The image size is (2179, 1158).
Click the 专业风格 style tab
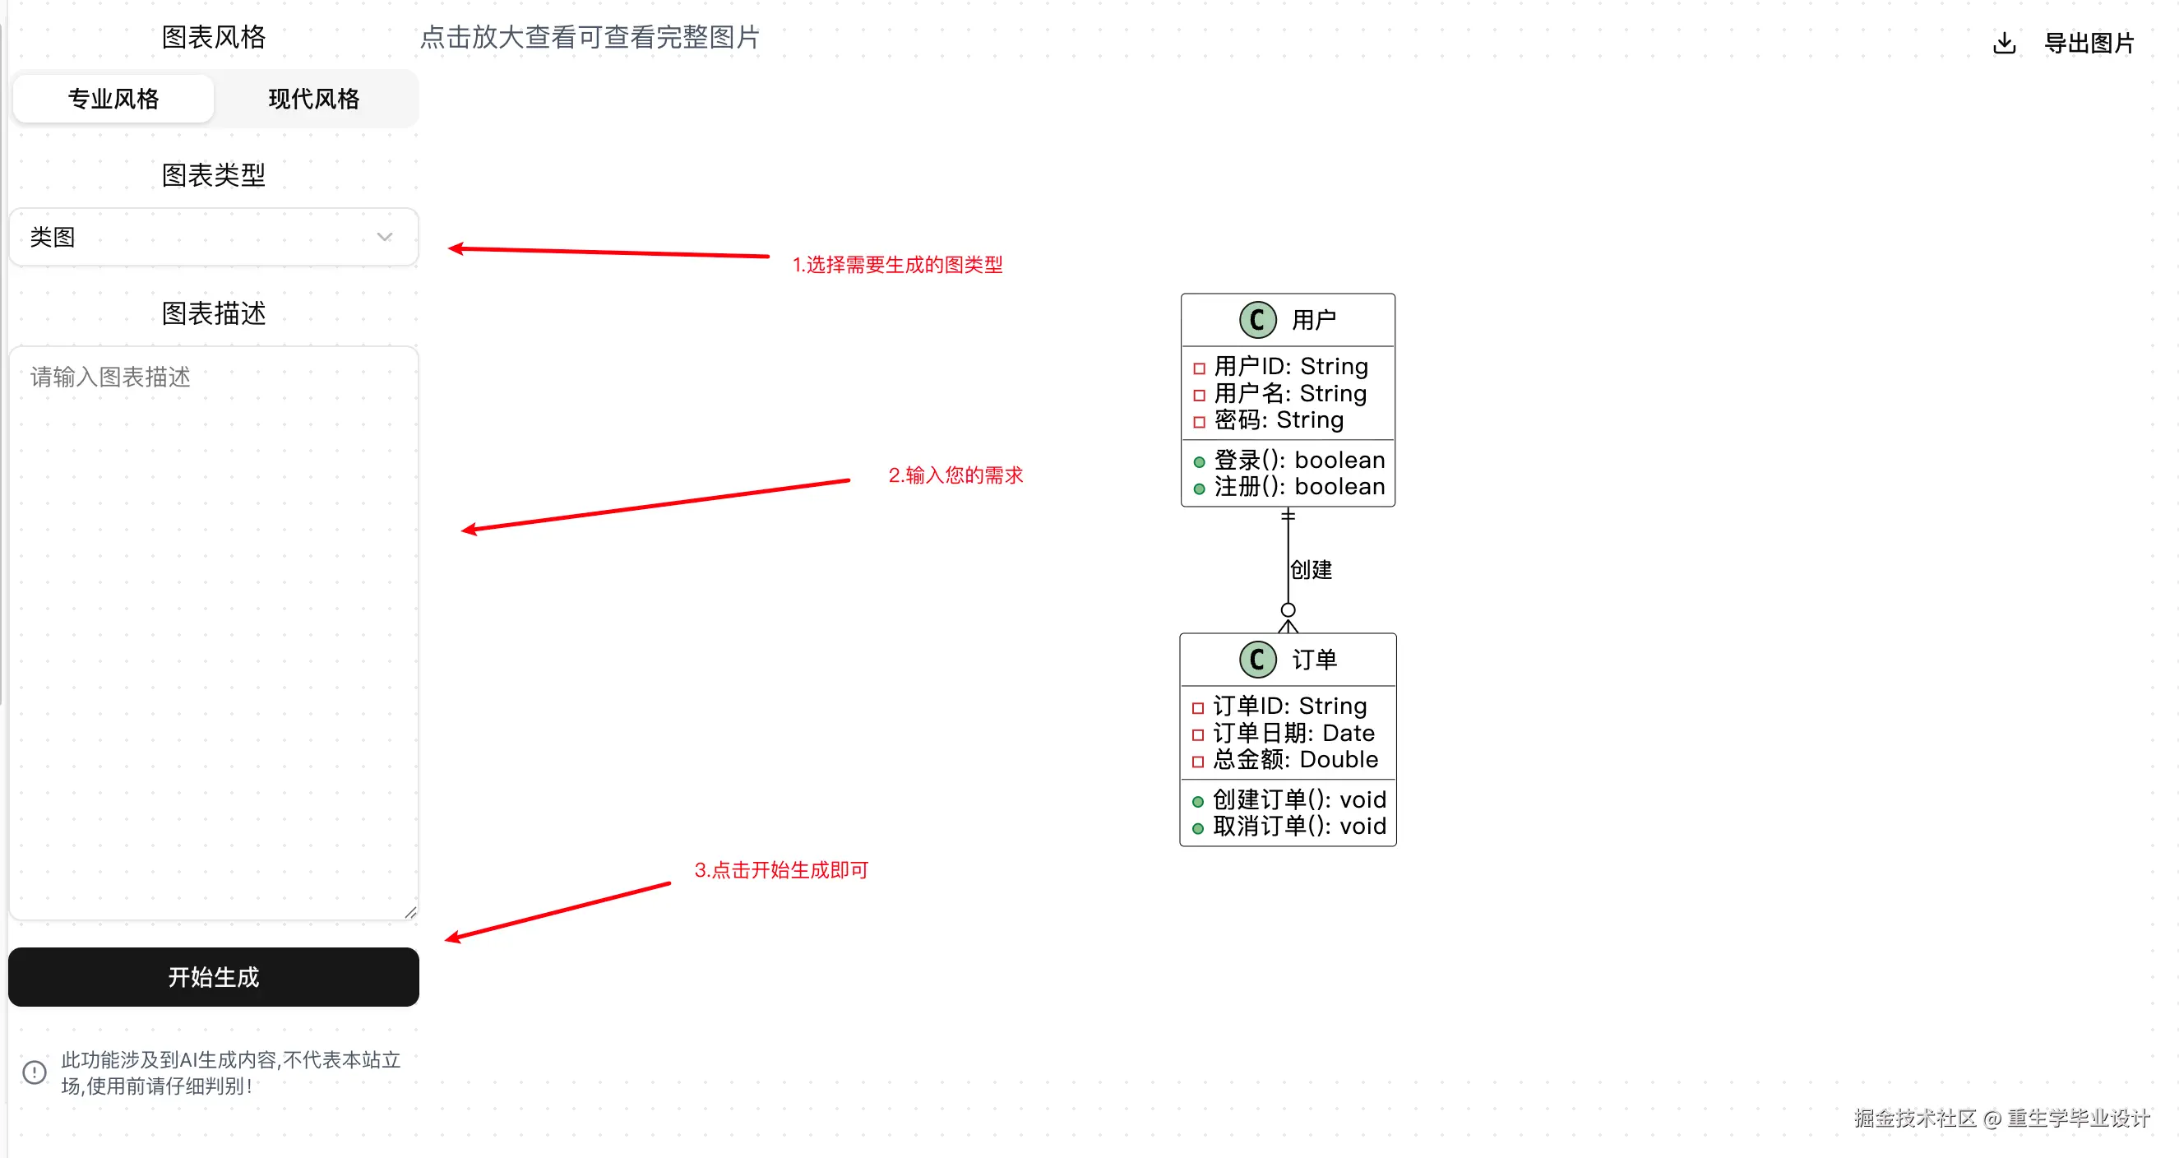pos(113,99)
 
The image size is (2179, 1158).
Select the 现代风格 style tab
pos(314,99)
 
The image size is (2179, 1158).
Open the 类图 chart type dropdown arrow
pos(385,237)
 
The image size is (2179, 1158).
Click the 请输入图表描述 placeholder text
pos(111,377)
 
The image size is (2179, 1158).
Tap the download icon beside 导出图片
pos(2004,42)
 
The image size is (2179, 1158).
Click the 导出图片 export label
pos(2089,42)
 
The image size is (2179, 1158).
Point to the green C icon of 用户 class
pos(1257,320)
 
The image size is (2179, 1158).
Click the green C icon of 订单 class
pos(1257,660)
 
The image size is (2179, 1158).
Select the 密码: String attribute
pos(1278,420)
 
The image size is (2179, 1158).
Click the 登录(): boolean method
pos(1298,460)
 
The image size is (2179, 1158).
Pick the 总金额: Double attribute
pos(1295,760)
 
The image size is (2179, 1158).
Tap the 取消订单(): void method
pos(1298,827)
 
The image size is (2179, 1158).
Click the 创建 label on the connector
pos(1312,570)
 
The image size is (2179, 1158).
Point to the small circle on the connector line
pos(1288,610)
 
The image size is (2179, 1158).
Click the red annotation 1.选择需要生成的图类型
pos(896,265)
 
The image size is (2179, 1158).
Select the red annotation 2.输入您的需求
pos(955,475)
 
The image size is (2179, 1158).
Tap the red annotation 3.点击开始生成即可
pos(781,870)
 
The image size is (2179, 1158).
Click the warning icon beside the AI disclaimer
pos(35,1072)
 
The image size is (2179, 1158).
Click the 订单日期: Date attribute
pos(1293,733)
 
